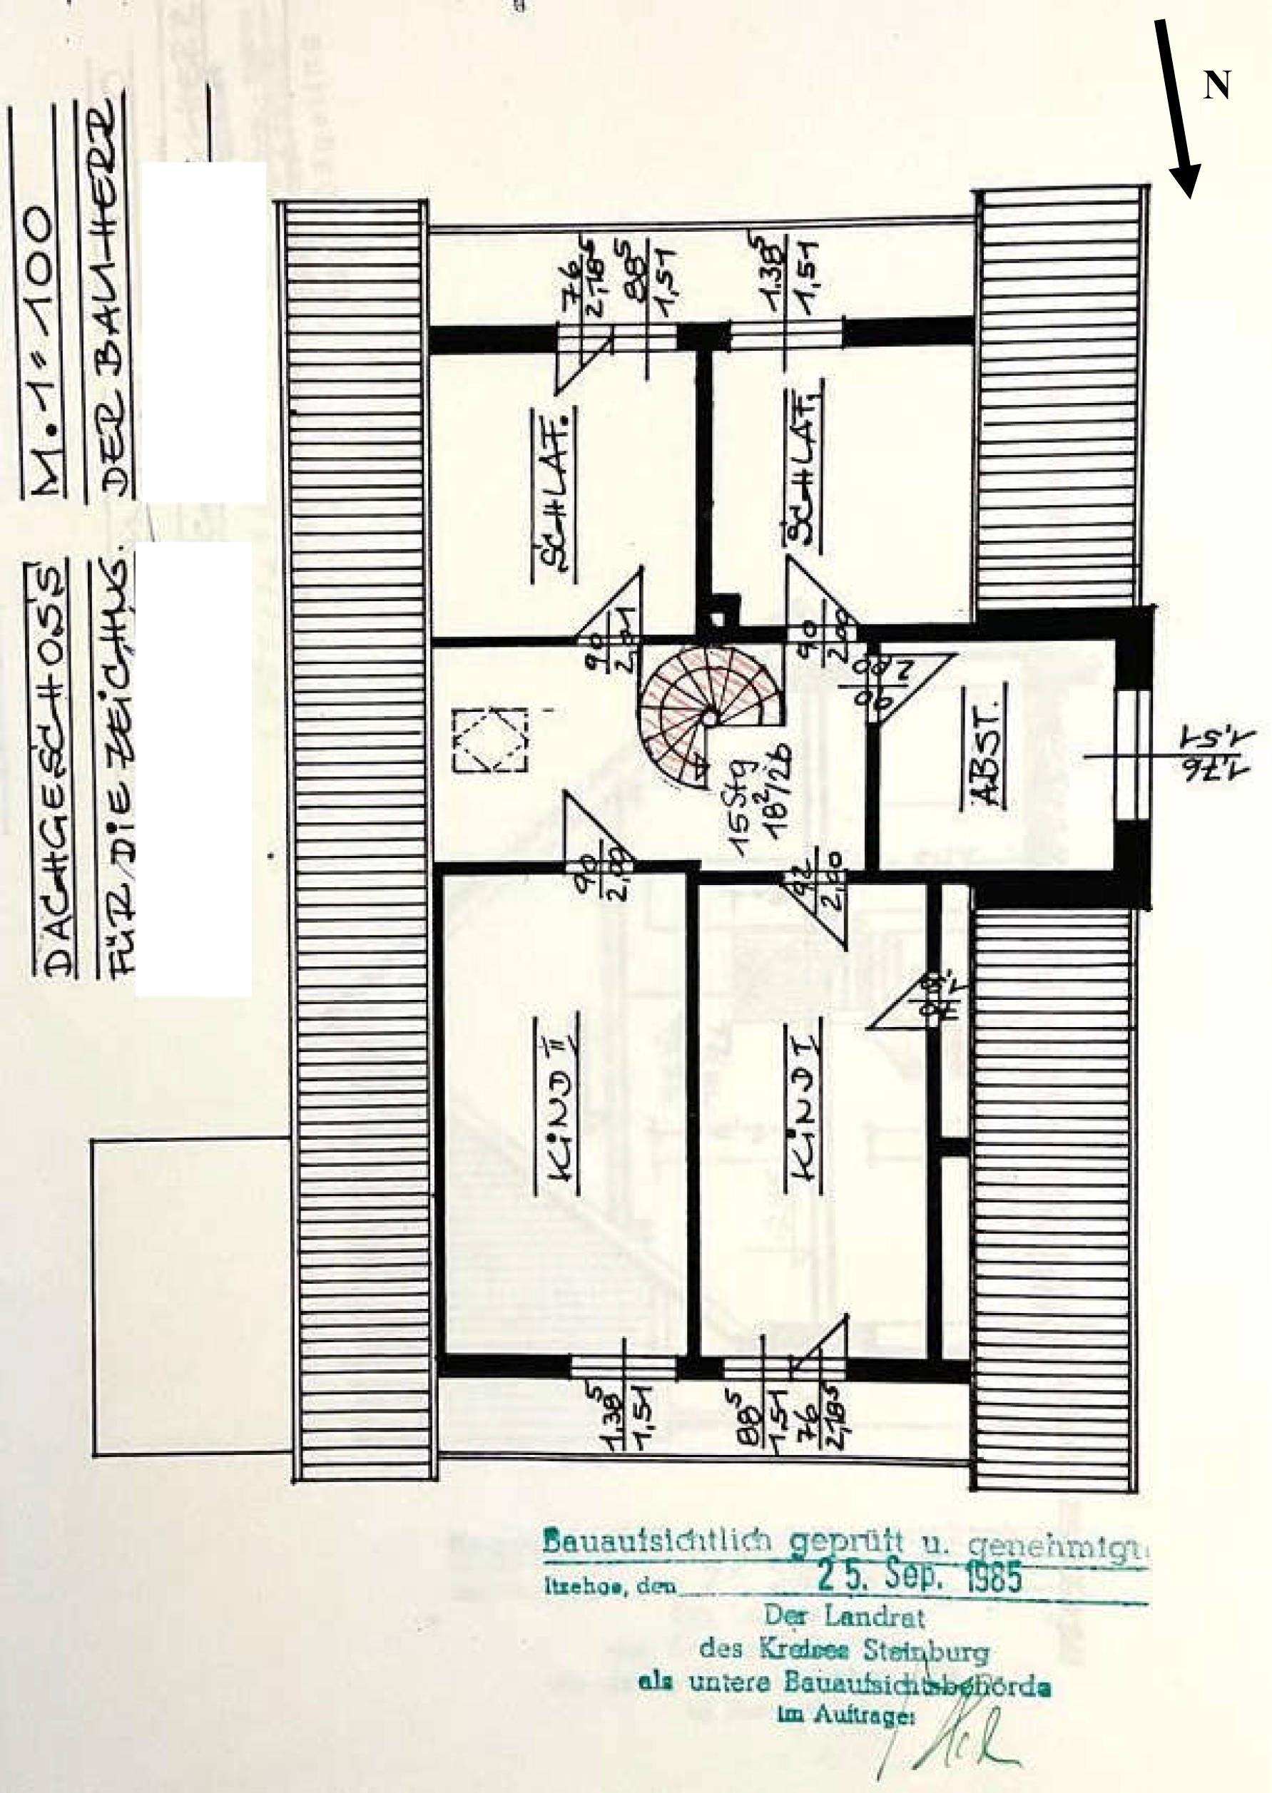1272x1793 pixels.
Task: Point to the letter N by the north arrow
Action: (x=1216, y=85)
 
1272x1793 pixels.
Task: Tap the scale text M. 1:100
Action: (x=45, y=344)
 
